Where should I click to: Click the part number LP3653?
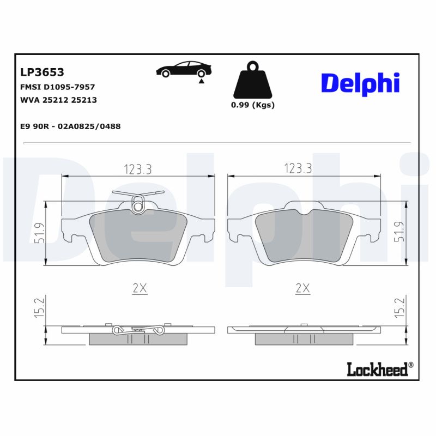tap(42, 72)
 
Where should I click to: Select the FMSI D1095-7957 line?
tap(57, 87)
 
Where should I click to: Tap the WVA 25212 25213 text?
tap(58, 100)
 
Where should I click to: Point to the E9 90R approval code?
tap(70, 126)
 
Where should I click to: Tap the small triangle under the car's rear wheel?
tap(201, 81)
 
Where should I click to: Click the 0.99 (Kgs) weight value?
tap(252, 105)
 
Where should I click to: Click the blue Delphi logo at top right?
tap(360, 83)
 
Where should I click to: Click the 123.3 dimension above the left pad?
tap(137, 169)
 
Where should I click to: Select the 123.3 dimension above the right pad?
tap(298, 169)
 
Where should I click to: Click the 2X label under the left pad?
tap(140, 289)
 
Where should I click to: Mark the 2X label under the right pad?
tap(302, 289)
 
